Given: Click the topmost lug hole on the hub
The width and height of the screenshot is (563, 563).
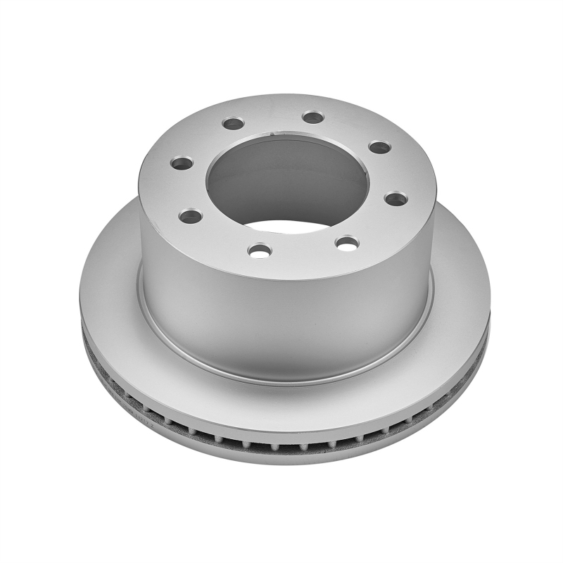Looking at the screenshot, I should (313, 117).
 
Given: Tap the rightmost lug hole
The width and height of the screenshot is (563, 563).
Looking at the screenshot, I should (396, 199).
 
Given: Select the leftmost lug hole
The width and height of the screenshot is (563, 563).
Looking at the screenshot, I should (182, 163).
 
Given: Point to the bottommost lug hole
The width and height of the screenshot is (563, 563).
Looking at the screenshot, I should (260, 251).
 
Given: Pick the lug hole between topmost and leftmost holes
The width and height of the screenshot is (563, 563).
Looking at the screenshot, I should (233, 124).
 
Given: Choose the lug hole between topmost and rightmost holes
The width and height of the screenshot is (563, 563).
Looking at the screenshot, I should (379, 147).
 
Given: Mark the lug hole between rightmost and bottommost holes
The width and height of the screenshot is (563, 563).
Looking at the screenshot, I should (347, 243).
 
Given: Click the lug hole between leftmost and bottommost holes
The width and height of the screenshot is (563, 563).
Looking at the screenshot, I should (190, 216).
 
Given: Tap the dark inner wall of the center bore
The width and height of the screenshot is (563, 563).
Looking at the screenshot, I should (281, 176).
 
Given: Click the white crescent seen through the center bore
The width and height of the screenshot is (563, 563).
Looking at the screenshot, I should (296, 227).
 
